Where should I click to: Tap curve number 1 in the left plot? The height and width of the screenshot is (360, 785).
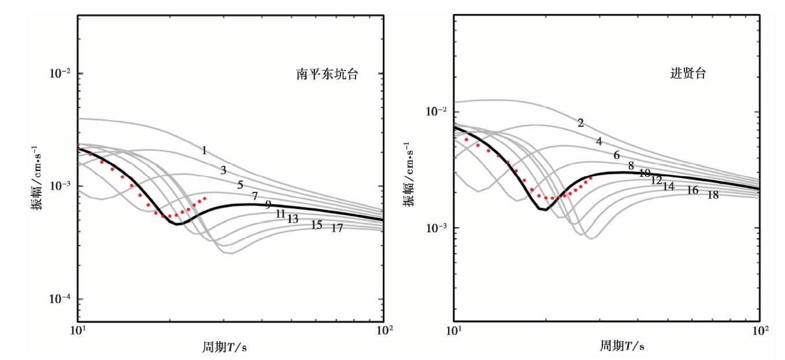[204, 151]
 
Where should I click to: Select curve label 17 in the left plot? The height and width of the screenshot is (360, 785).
[337, 228]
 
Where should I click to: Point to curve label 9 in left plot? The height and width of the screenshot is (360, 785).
[268, 205]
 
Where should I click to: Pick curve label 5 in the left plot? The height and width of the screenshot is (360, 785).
[240, 185]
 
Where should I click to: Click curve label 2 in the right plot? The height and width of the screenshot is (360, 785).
[580, 123]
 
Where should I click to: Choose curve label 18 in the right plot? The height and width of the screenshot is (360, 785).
[713, 195]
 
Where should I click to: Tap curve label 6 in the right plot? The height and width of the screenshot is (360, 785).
[617, 155]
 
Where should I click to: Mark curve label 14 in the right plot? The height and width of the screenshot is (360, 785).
[668, 187]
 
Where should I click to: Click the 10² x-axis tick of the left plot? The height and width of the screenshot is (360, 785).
[384, 331]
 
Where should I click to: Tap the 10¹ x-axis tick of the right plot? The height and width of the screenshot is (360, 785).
[454, 331]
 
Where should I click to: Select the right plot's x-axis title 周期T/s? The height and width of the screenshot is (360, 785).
[621, 346]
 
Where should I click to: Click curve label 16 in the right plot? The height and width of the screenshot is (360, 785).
[692, 191]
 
